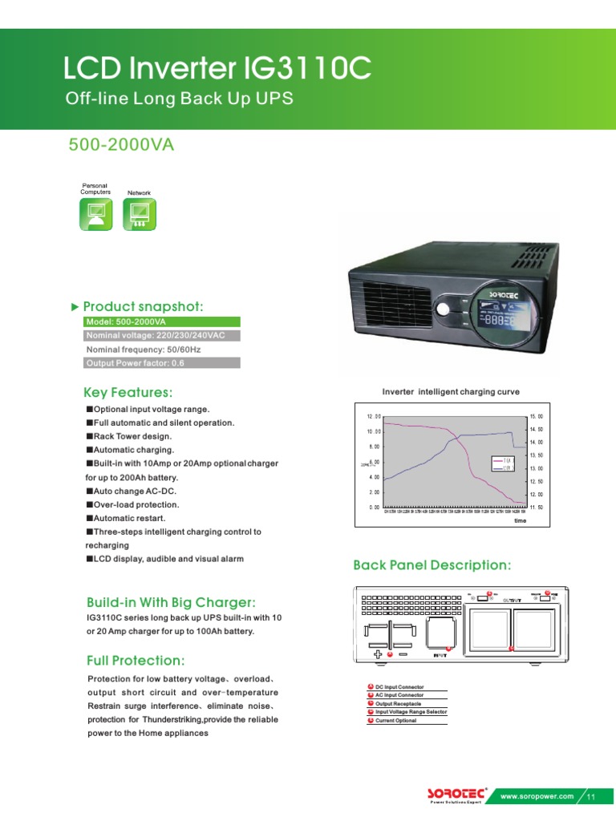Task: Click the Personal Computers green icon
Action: pyautogui.click(x=95, y=214)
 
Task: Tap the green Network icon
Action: pyautogui.click(x=139, y=214)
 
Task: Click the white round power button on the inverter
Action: pyautogui.click(x=443, y=309)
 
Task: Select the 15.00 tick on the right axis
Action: pyautogui.click(x=536, y=416)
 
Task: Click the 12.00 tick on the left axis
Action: pyautogui.click(x=374, y=416)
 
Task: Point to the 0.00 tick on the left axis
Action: pyautogui.click(x=374, y=508)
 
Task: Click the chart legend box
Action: pyautogui.click(x=503, y=463)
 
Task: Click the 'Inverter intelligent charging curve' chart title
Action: pyautogui.click(x=451, y=392)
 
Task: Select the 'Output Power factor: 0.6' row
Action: pyautogui.click(x=160, y=363)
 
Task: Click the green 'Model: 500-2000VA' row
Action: pyautogui.click(x=160, y=322)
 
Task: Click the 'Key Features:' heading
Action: pyautogui.click(x=128, y=392)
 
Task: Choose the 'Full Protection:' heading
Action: pyautogui.click(x=136, y=661)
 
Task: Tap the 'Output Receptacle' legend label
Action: pyautogui.click(x=399, y=704)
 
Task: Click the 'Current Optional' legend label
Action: pyautogui.click(x=396, y=721)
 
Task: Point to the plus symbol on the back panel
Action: pyautogui.click(x=379, y=654)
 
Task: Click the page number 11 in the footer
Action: pyautogui.click(x=591, y=796)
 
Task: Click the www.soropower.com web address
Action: pyautogui.click(x=537, y=796)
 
